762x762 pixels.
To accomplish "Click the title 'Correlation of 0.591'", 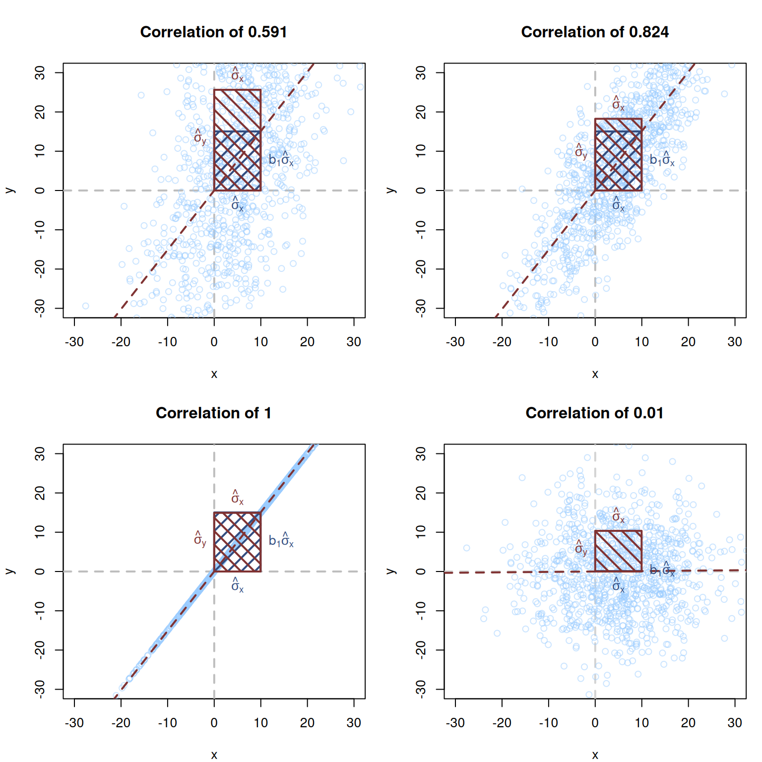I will pos(213,32).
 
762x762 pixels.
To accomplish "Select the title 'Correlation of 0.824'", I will pos(595,32).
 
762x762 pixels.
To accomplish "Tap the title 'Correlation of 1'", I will pos(213,413).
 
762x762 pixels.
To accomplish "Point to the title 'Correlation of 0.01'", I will pos(594,413).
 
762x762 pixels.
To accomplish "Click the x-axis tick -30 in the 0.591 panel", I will pos(74,342).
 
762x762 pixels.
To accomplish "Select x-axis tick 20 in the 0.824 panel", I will pos(688,342).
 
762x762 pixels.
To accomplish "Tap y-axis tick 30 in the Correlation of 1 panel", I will pos(40,453).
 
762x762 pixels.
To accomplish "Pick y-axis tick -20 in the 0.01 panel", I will pos(421,649).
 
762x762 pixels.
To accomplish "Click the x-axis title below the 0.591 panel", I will pos(214,374).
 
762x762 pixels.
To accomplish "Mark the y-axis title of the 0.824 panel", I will pos(391,190).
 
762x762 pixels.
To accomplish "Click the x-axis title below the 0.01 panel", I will pos(595,755).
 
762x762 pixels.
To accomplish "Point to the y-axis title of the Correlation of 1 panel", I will pos(10,571).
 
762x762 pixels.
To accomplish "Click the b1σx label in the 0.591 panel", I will pos(281,159).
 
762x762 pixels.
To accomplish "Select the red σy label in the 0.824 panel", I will pos(580,152).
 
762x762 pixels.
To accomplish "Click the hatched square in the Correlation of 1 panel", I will pos(237,542).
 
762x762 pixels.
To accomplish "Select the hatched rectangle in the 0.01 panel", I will pos(618,551).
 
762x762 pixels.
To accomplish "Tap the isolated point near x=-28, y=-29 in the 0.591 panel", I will pos(86,306).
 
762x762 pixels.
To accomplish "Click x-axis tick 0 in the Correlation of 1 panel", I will pos(214,723).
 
